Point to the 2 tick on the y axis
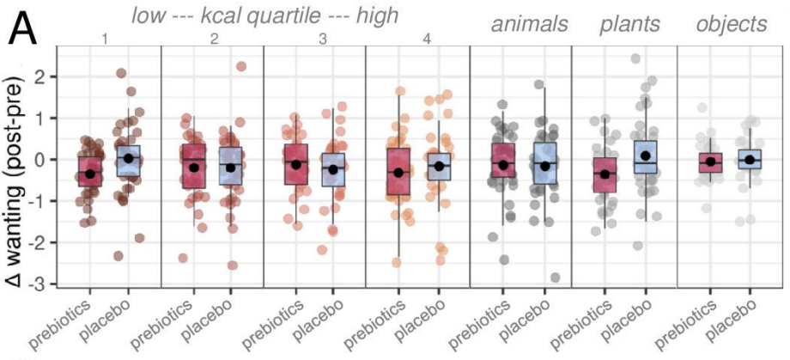(39, 77)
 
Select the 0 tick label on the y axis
(39, 160)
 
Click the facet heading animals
(530, 24)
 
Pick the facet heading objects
(731, 24)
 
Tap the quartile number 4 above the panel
(416, 38)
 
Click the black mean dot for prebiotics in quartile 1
(90, 174)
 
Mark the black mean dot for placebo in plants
(646, 156)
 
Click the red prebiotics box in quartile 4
(398, 172)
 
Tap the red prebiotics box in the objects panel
(710, 161)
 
